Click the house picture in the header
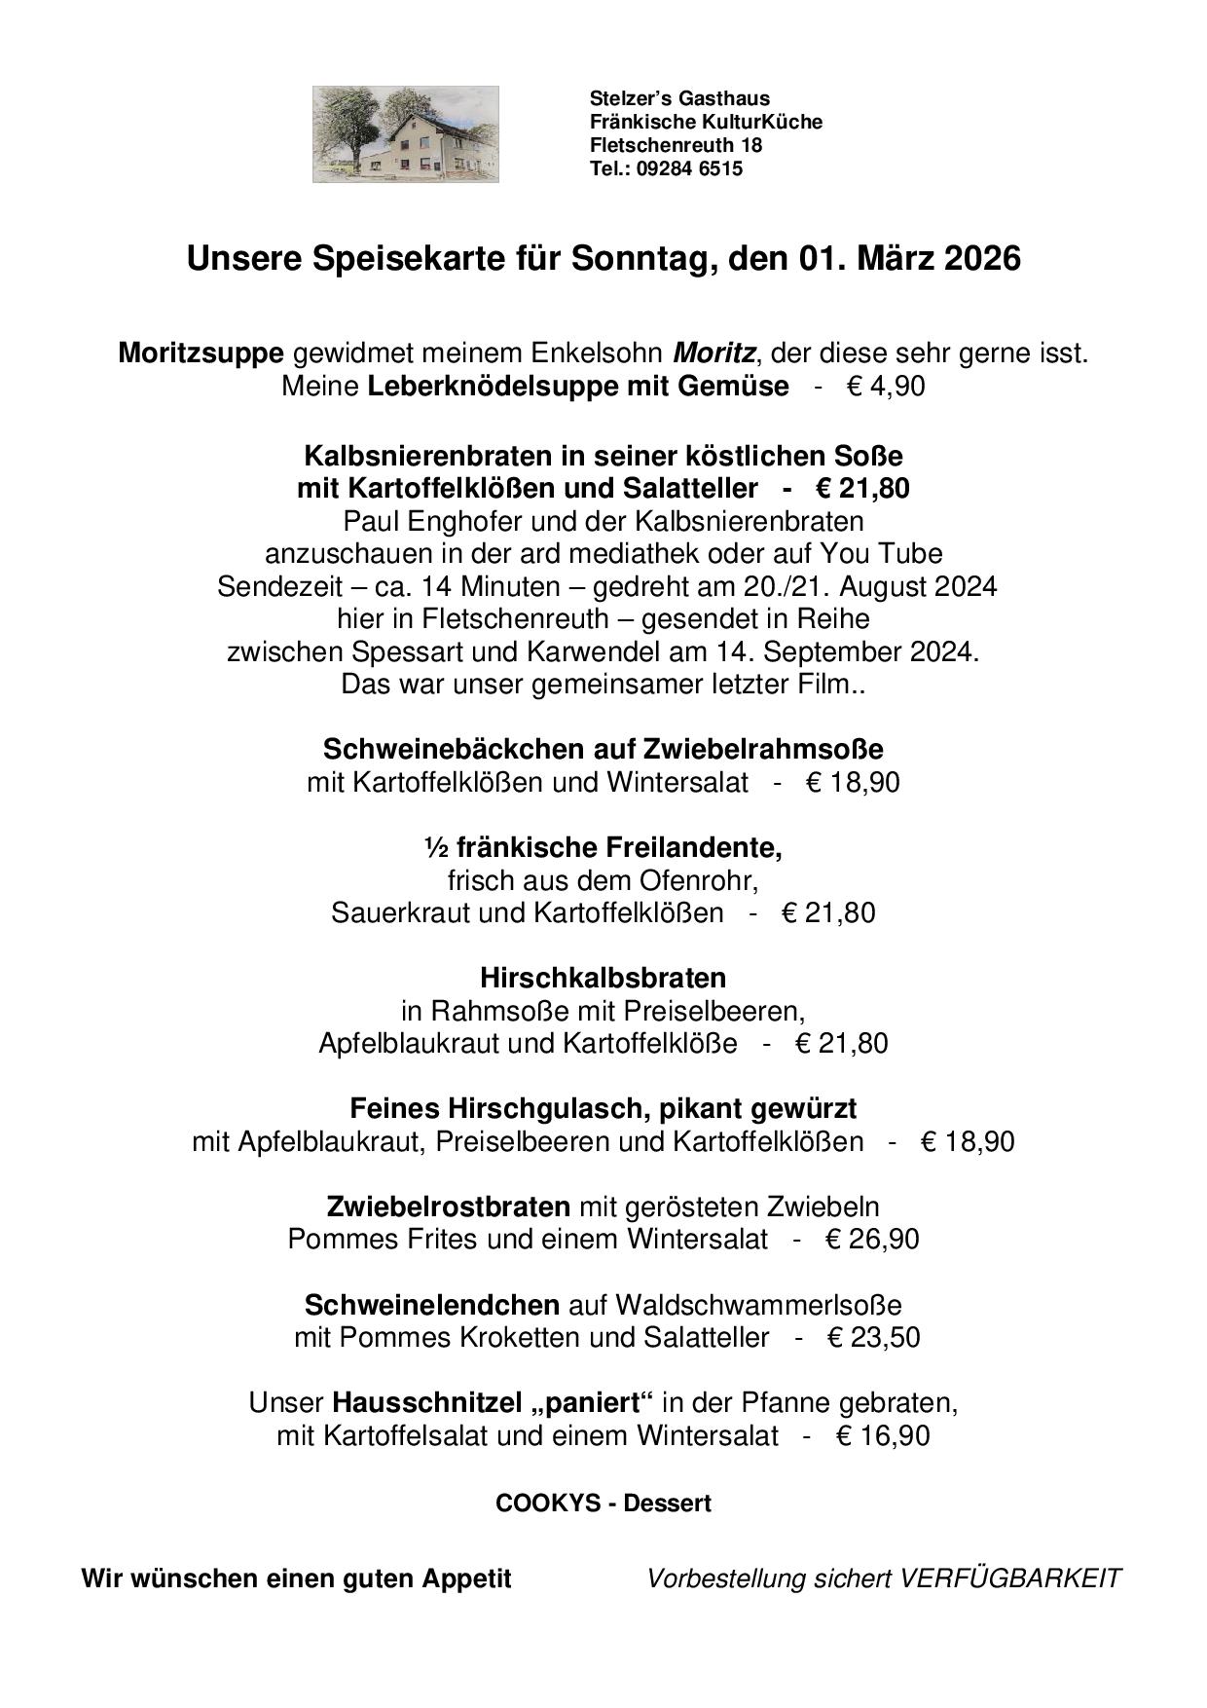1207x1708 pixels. coord(405,134)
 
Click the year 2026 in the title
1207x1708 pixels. coord(981,259)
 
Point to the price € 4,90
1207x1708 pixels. coord(886,387)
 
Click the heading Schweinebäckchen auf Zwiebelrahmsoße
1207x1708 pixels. coord(603,749)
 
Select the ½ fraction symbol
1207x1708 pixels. coord(435,849)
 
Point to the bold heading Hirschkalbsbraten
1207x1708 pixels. coord(603,977)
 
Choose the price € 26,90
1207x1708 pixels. coord(872,1240)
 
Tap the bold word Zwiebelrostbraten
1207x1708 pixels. coord(449,1207)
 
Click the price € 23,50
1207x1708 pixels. coord(873,1337)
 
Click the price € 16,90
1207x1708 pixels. coord(882,1435)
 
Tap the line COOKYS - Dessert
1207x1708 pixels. coord(603,1503)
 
